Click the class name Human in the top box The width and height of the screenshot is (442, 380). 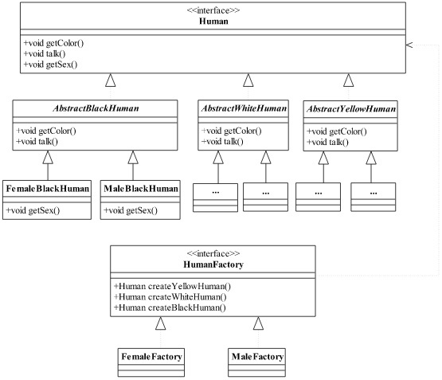213,22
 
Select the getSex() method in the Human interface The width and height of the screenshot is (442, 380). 50,65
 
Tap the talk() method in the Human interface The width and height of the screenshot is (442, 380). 45,53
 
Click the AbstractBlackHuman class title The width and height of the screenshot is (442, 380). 96,108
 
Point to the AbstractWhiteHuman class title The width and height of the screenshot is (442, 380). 244,108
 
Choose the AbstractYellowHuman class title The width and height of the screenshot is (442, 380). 351,109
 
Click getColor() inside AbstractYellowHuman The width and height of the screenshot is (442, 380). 337,131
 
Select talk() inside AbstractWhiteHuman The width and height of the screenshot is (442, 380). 222,141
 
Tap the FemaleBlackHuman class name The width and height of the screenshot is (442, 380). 48,188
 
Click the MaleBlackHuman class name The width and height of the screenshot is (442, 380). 141,188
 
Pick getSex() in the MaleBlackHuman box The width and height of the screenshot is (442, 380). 131,210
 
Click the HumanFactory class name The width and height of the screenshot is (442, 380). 213,264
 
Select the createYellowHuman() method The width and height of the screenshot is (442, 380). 172,286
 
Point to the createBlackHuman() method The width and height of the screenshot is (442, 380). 170,308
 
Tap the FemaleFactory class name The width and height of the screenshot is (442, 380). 151,357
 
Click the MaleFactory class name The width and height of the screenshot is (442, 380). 258,357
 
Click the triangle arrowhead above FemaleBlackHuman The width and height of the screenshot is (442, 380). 48,157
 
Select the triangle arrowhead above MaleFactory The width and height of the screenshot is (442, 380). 258,323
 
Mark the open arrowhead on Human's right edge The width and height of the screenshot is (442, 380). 409,45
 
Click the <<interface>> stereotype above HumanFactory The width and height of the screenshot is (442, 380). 213,253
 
